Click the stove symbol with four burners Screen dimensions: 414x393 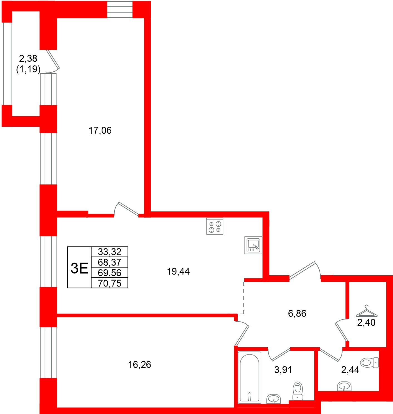215,226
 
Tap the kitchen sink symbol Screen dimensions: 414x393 253,245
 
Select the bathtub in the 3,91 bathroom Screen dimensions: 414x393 249,377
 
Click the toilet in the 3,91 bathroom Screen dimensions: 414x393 298,391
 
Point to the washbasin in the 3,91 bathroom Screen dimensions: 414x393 274,399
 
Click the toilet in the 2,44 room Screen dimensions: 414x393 369,363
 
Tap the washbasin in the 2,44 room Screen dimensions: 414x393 344,386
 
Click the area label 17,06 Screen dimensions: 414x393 100,130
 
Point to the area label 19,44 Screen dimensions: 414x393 178,271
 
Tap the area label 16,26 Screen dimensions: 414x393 139,365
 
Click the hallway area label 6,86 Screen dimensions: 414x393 297,313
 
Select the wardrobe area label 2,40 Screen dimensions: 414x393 366,323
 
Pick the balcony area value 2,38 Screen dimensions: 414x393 28,58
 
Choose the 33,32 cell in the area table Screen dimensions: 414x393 110,252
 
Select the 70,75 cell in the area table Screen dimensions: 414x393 110,283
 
